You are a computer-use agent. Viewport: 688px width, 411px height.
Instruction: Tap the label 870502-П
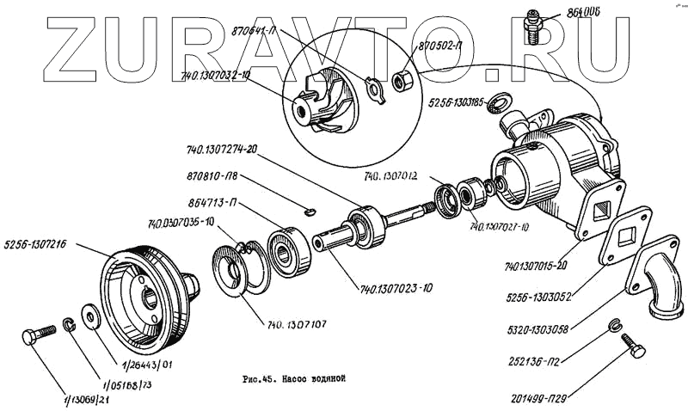(x=445, y=46)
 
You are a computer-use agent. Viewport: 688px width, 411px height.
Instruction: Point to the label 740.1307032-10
(x=216, y=76)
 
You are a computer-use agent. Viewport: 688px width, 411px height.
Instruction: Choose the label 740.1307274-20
(x=222, y=149)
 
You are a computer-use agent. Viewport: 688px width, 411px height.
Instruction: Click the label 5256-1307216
(x=40, y=242)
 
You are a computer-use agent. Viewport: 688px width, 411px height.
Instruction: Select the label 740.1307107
(x=299, y=326)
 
